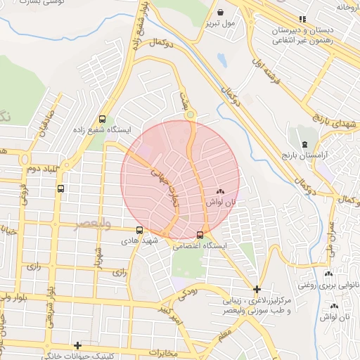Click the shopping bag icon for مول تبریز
point(221,13)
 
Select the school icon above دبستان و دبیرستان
point(302,20)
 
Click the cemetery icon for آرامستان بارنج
point(304,144)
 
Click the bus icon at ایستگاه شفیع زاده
point(103,119)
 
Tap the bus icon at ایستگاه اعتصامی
point(200,235)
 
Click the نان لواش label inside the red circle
point(221,202)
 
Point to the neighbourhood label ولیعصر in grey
point(93,224)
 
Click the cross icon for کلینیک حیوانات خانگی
point(77,345)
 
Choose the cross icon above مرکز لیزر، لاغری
point(257,289)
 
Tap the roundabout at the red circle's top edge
point(191,114)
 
